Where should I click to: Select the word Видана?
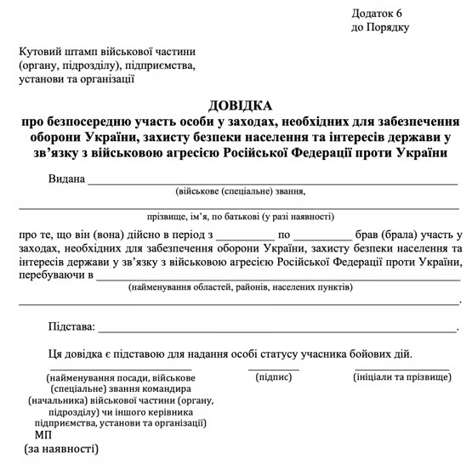(67, 179)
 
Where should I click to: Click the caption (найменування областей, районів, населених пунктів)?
(241, 288)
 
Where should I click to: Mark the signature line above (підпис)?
(274, 368)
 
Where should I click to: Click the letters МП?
(43, 433)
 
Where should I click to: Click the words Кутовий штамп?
(60, 50)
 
